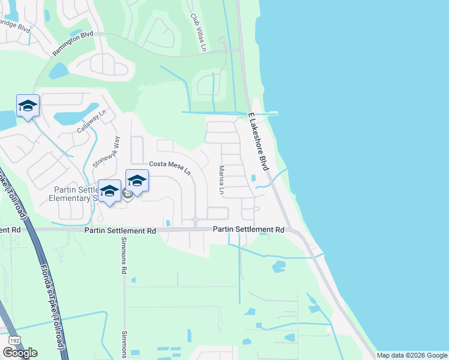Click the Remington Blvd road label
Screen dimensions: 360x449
[x=73, y=43]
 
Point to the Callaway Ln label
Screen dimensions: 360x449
[x=91, y=121]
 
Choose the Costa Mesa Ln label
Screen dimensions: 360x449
[x=170, y=167]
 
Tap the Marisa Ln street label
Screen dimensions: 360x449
[x=221, y=181]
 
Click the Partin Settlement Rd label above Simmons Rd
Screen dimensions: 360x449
[x=120, y=230]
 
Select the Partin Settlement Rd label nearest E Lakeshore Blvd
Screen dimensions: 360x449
[x=249, y=230]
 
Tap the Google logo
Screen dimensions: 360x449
[x=20, y=353]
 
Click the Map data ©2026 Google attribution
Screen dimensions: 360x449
[x=412, y=355]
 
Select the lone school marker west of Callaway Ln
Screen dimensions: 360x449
[x=28, y=107]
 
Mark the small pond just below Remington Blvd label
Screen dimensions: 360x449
[x=58, y=71]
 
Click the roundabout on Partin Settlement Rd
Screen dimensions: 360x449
[x=196, y=222]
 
